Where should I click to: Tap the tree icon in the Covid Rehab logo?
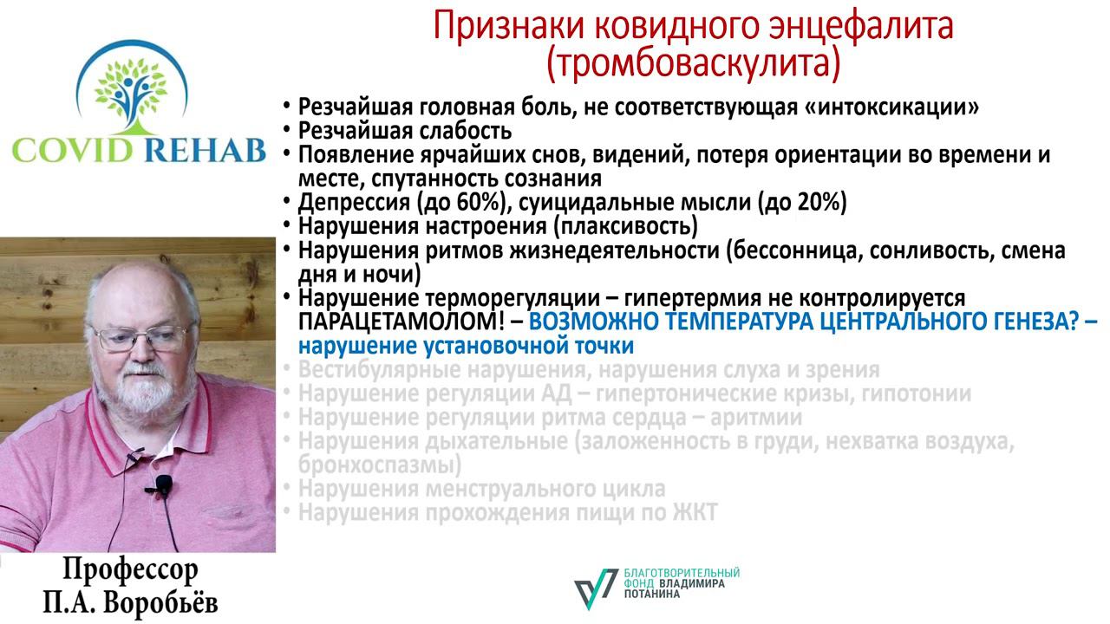131,87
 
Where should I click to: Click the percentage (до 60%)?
452,203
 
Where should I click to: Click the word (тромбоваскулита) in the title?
693,62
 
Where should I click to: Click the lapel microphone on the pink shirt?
163,485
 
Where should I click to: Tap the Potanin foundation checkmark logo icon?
596,589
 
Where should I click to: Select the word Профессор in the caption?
130,570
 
